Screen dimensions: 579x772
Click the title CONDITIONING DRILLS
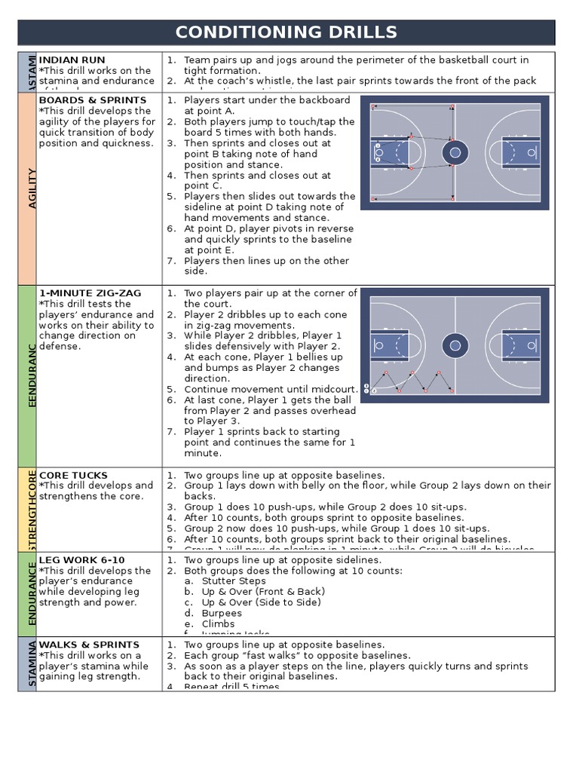tap(286, 32)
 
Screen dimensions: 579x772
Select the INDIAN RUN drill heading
tap(72, 60)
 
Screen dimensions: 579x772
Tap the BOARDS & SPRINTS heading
tap(93, 100)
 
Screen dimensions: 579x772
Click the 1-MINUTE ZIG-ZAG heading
tap(90, 293)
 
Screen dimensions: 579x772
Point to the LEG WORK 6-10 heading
tap(81, 559)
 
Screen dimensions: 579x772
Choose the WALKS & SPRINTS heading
tap(89, 645)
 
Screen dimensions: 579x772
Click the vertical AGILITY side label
tap(32, 188)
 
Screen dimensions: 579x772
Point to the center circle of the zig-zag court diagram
tap(455, 347)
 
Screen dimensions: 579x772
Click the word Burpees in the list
tap(222, 613)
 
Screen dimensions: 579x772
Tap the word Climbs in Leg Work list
tap(218, 623)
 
